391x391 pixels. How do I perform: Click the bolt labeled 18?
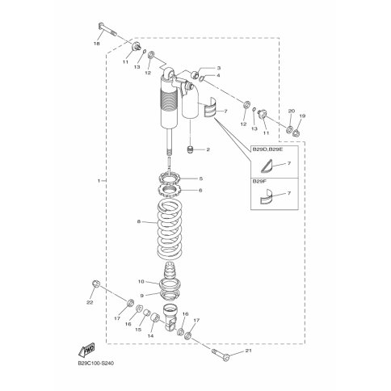(x=107, y=29)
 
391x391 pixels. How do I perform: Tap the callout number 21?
(x=248, y=351)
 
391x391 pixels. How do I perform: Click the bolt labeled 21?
(x=221, y=355)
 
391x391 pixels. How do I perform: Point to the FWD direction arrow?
(x=86, y=350)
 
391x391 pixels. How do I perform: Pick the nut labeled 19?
(x=296, y=132)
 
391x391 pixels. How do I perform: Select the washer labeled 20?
(x=290, y=129)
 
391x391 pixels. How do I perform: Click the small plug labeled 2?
(x=191, y=149)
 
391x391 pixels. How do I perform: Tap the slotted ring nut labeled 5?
(x=170, y=178)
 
